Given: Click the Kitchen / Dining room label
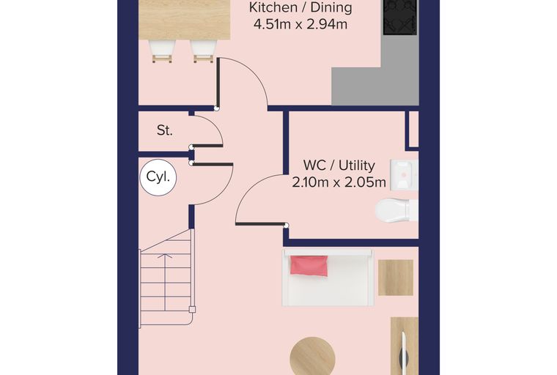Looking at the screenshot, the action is tap(300, 7).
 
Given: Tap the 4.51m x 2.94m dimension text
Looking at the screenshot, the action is tap(300, 24).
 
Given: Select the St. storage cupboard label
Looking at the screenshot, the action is tap(165, 130).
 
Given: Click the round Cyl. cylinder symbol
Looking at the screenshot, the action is tap(158, 177).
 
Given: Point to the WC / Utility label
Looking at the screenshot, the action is tap(339, 166).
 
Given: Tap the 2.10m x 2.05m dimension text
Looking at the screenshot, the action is tap(339, 182).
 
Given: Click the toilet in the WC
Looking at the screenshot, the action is tap(396, 210).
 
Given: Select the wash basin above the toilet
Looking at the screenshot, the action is tap(404, 175).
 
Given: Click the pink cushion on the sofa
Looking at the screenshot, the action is tap(309, 266).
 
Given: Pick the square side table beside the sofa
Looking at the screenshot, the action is tap(395, 278).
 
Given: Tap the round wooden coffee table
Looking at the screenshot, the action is tap(313, 356).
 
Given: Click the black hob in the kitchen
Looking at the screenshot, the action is tap(400, 18).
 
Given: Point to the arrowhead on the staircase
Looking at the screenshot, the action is tap(165, 256).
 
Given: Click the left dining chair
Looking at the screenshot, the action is tap(163, 51).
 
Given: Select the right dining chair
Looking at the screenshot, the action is tap(204, 51).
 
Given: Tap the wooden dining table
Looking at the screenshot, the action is tap(185, 20).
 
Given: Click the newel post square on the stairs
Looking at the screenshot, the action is tap(192, 309).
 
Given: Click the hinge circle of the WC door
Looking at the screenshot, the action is tap(286, 226).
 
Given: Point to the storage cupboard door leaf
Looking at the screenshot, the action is tap(207, 146).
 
